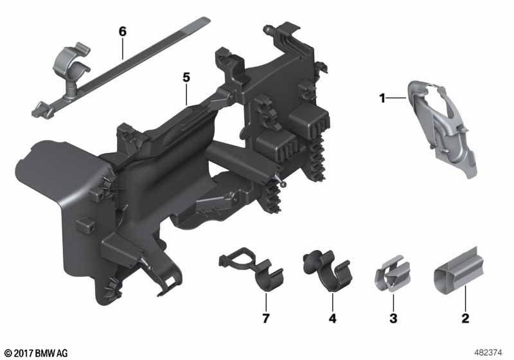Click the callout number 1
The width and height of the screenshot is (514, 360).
(382, 98)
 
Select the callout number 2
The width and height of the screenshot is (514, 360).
(465, 318)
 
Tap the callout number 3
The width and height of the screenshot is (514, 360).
(393, 318)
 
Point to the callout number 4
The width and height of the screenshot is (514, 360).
(332, 318)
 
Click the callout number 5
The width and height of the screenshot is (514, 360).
(186, 78)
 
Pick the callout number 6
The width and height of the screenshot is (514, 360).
(122, 32)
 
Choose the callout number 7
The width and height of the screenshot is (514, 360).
(266, 318)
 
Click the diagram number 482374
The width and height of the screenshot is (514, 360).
(488, 353)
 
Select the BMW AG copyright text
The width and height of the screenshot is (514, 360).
(36, 353)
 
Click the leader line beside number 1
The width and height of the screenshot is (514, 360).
(396, 98)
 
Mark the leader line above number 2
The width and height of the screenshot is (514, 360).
(465, 298)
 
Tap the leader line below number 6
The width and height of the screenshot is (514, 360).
(123, 48)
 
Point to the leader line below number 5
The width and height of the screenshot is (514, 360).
(186, 94)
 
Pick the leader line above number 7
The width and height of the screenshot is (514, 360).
(266, 302)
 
